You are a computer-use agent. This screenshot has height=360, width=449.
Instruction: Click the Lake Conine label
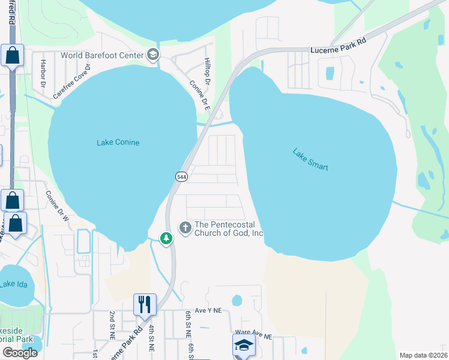tap(118, 143)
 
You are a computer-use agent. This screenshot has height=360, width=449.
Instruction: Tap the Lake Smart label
tap(310, 160)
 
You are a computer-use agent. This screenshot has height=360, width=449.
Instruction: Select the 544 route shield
tap(181, 176)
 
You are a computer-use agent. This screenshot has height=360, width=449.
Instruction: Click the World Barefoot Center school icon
tap(153, 55)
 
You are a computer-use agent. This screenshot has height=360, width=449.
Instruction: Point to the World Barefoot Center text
tap(102, 55)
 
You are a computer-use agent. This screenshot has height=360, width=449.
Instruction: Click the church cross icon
tap(185, 227)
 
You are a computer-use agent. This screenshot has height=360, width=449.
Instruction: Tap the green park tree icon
tap(166, 238)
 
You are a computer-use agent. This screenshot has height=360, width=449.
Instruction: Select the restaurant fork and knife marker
tap(144, 304)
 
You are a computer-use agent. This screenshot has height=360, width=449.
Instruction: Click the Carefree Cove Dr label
tap(71, 82)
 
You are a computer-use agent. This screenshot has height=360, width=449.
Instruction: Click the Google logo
tap(20, 353)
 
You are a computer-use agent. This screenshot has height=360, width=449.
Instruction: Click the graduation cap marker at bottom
tap(244, 345)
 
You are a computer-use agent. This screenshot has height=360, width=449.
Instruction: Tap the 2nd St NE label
tap(112, 326)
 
